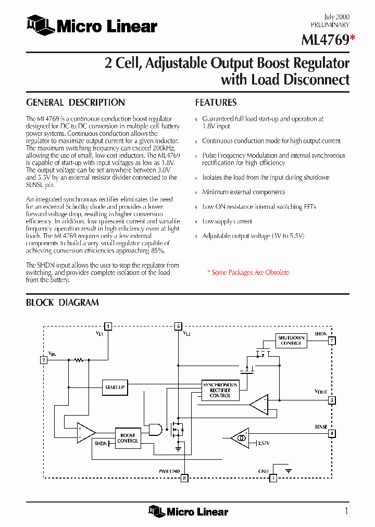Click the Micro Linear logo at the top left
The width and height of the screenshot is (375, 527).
point(92,24)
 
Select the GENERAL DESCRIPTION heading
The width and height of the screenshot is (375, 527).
point(76,103)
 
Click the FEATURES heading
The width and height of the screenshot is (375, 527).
point(216,103)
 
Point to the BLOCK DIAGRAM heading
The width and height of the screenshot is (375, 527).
point(63,303)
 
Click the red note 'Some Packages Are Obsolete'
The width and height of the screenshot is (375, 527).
point(248,272)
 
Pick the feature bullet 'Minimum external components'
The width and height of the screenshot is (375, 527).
point(243,192)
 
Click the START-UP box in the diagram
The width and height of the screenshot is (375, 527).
point(115,387)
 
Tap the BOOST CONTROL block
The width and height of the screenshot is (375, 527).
point(128,438)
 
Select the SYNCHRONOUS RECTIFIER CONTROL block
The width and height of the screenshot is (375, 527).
point(220,390)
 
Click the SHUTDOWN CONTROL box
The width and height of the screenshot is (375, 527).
point(291,341)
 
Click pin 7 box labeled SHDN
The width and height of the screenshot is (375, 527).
point(331,341)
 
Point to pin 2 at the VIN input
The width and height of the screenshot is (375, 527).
point(44,360)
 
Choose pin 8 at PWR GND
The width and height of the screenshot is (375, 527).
point(184,478)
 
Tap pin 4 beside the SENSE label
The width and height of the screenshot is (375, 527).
point(331,433)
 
